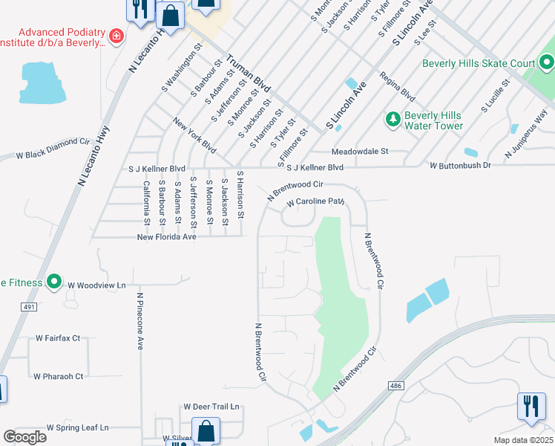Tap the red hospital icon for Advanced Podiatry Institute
click(116, 36)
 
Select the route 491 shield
click(28, 306)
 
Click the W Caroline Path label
click(317, 201)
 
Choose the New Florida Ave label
click(167, 237)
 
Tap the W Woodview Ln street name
click(96, 285)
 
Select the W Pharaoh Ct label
click(58, 376)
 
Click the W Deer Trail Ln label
click(212, 407)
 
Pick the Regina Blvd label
click(396, 85)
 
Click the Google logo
click(24, 437)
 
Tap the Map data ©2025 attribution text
click(522, 440)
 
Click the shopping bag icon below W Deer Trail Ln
click(206, 432)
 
